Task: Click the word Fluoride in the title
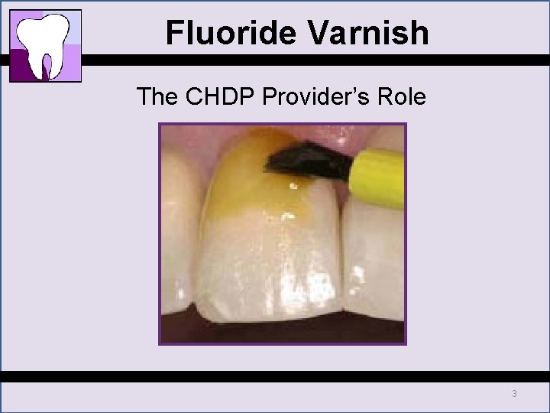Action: (222, 33)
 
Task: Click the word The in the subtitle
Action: (156, 97)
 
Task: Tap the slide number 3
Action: (514, 394)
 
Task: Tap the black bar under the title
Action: (306, 60)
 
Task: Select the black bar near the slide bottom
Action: (275, 376)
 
